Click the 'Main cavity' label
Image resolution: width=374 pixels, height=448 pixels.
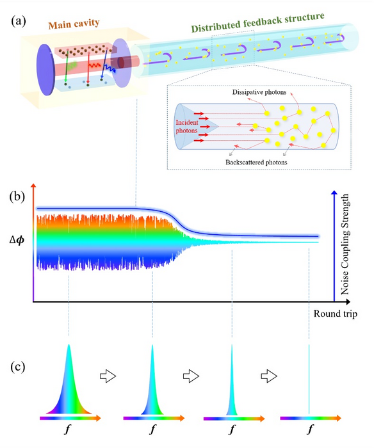[x=74, y=24]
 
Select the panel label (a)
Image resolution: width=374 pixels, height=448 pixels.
[x=19, y=21]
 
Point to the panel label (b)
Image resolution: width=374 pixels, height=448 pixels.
[x=17, y=196]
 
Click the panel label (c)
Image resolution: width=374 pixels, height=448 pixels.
[x=18, y=367]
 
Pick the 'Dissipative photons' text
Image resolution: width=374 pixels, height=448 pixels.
[x=259, y=92]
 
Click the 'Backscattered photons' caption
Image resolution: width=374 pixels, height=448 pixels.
[x=256, y=163]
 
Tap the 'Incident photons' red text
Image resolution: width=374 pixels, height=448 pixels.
[x=187, y=126]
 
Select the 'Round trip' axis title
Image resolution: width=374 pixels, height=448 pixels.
[x=336, y=314]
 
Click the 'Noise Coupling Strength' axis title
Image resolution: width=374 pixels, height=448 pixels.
[x=345, y=244]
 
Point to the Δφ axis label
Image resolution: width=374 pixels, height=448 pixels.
[x=17, y=240]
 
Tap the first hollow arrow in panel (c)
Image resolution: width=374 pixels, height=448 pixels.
[x=108, y=376]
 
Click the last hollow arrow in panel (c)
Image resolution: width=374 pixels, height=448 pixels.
[x=269, y=376]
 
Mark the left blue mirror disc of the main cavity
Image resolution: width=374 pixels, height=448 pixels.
[x=45, y=70]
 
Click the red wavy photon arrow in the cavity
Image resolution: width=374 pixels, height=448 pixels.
[x=93, y=65]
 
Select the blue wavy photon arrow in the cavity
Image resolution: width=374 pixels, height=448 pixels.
[x=109, y=68]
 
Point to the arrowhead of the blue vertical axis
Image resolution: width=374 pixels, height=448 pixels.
[x=334, y=193]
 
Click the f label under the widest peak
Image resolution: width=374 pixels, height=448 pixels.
[x=67, y=429]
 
